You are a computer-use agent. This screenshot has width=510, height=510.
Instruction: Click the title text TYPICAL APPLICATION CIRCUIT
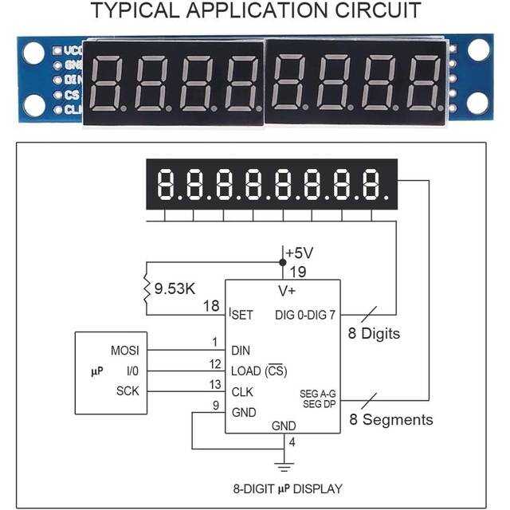[255, 11]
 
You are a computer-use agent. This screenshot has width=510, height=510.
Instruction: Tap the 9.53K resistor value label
[175, 288]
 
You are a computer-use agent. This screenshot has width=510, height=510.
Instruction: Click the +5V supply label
[299, 253]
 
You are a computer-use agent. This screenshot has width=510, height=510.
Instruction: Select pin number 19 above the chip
[297, 271]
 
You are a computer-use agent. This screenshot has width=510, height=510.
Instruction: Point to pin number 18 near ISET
[210, 306]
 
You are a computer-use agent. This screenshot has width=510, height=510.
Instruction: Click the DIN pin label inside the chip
[241, 350]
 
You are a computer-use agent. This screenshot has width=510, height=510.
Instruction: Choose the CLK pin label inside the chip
[242, 391]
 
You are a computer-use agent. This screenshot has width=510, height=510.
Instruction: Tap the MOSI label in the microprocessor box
[124, 350]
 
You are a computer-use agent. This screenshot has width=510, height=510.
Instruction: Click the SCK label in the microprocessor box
[127, 391]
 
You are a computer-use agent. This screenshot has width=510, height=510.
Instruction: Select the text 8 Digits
[374, 334]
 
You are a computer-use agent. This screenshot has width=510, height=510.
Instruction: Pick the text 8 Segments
[391, 420]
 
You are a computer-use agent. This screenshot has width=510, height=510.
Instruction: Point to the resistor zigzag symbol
[146, 288]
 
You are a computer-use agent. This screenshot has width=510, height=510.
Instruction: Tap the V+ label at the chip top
[287, 290]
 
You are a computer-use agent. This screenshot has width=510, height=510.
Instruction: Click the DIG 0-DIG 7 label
[305, 315]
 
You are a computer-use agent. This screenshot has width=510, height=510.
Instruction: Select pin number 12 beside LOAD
[215, 363]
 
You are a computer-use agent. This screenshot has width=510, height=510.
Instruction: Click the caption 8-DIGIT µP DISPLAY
[287, 488]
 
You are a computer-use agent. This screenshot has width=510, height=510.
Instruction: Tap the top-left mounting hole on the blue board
[33, 53]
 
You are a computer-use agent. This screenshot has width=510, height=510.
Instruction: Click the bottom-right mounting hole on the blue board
[477, 103]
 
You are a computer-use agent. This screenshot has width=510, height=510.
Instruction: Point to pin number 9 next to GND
[216, 405]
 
